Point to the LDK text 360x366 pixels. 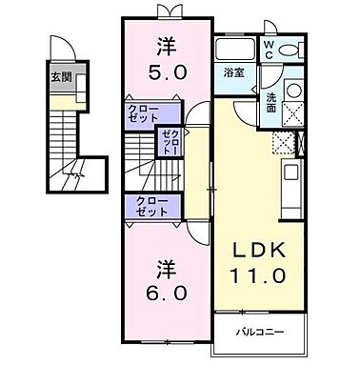point(257,251)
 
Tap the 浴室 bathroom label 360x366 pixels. point(232,71)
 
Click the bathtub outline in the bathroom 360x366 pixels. point(233,50)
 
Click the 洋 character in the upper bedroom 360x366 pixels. point(166,44)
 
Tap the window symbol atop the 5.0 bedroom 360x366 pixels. point(167,10)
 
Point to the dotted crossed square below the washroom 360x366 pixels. point(282,146)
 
